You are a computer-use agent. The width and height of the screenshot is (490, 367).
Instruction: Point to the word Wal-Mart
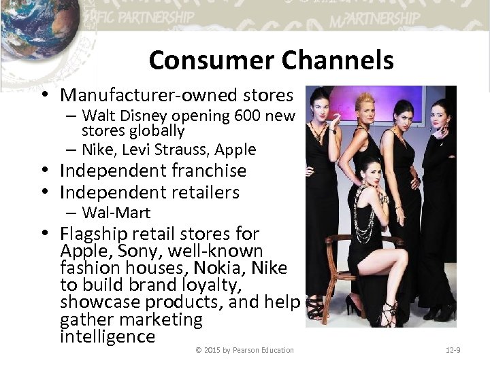pyautogui.click(x=116, y=213)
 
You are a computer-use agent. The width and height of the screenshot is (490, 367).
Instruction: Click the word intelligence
pyautogui.click(x=108, y=336)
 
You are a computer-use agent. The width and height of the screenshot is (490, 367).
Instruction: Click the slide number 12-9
pyautogui.click(x=453, y=350)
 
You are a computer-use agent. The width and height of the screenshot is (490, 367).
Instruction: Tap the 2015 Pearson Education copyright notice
pyautogui.click(x=244, y=350)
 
